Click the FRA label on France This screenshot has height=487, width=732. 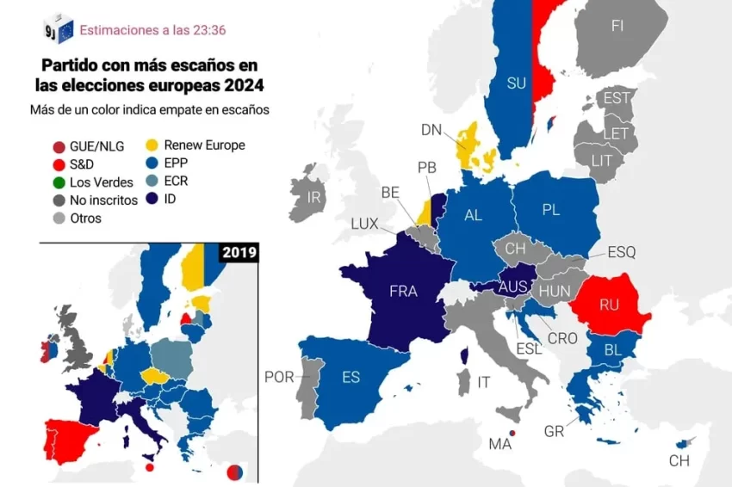[x=403, y=291]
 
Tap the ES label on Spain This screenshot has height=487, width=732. [x=350, y=377]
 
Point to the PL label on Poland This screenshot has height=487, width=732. [x=551, y=210]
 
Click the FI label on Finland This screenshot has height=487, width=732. [x=617, y=26]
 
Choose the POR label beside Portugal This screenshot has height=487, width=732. [x=279, y=377]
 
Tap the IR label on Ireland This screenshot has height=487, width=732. [x=314, y=197]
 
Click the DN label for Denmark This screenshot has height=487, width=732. [x=431, y=130]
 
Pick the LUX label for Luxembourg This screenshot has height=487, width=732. [x=364, y=223]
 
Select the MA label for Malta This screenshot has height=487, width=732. [x=500, y=444]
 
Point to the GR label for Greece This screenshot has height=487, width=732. [x=554, y=431]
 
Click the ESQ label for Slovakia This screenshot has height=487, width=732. [x=621, y=252]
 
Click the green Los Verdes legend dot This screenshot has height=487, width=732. [x=59, y=182]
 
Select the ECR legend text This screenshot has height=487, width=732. [x=176, y=182]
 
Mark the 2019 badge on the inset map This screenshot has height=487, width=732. [x=238, y=253]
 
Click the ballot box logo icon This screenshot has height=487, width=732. [x=59, y=28]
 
